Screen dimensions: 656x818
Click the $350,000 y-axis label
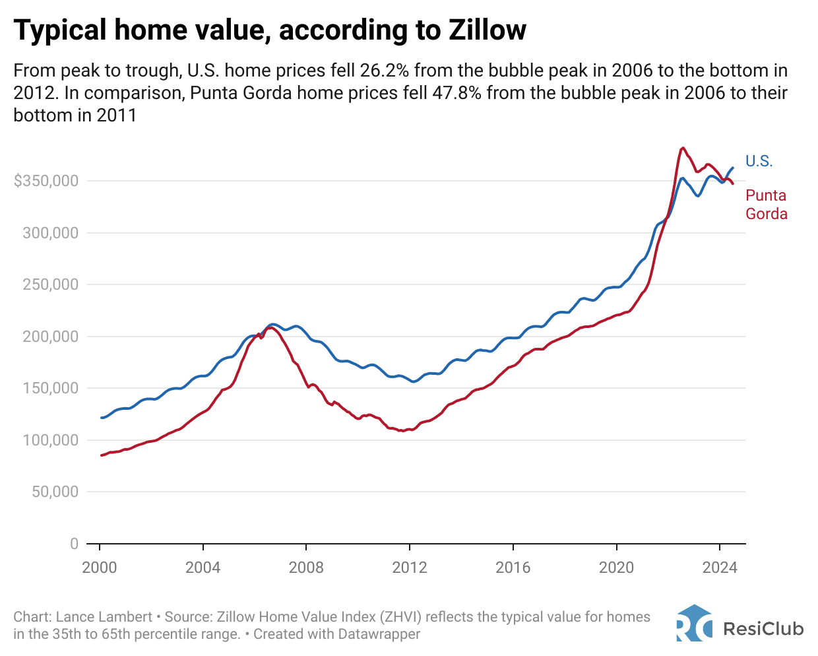(46, 181)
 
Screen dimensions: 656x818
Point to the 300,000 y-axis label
(51, 233)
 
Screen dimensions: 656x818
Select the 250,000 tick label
(51, 284)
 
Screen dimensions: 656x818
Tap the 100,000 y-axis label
(51, 440)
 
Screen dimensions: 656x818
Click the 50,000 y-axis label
(55, 492)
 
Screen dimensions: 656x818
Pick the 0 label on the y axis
(74, 544)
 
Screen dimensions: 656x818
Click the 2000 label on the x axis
(100, 568)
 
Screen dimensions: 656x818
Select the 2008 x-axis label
(306, 568)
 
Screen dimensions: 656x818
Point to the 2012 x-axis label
(410, 568)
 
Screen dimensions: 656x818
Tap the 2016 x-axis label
(513, 568)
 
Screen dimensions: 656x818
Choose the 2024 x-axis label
(720, 568)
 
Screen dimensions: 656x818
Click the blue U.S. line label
(759, 161)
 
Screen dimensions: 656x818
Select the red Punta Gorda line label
(766, 205)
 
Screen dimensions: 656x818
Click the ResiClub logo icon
(694, 623)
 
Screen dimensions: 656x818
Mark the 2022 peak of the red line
(683, 148)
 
